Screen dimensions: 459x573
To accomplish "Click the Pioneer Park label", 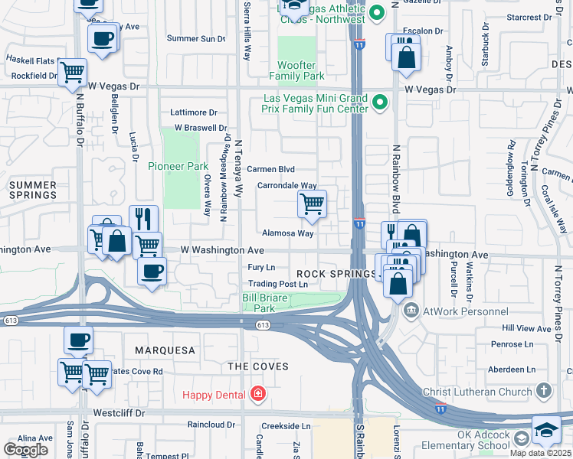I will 178,166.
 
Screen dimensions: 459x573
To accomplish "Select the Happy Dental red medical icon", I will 258,395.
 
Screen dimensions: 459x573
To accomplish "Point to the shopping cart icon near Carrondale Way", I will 312,204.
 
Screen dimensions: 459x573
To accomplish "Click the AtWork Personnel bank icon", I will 411,311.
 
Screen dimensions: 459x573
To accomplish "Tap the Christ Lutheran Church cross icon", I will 543,392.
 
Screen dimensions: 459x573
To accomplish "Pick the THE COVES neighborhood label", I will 258,366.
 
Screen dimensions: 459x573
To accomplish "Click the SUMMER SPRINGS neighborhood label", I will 31,190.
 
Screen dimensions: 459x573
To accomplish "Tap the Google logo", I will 25,450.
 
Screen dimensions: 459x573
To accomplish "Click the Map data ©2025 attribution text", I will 540,453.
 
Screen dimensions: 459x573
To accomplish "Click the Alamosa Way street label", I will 288,233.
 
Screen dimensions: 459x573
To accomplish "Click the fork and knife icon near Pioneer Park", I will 143,219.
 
